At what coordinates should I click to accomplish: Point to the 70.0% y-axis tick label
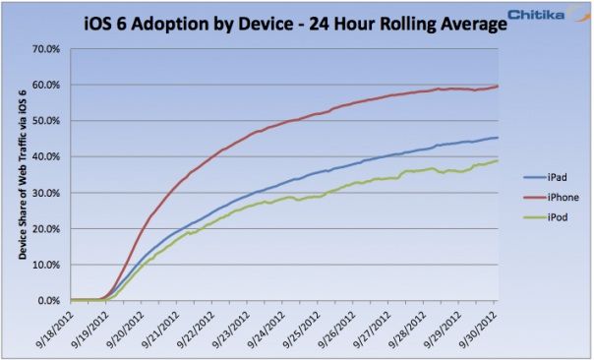pos(48,49)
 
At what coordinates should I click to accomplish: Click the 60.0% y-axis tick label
pos(48,86)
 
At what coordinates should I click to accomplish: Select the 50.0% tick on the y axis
pos(48,121)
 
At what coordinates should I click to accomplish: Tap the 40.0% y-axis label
pos(48,157)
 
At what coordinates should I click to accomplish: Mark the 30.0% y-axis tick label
pos(48,193)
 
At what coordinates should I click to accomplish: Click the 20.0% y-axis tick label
pos(48,229)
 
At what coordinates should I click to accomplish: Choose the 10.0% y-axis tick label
pos(48,265)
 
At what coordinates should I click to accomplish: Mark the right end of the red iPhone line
pos(497,86)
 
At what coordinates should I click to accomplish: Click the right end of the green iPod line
pos(497,161)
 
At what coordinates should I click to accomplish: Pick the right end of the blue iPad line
pos(497,138)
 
